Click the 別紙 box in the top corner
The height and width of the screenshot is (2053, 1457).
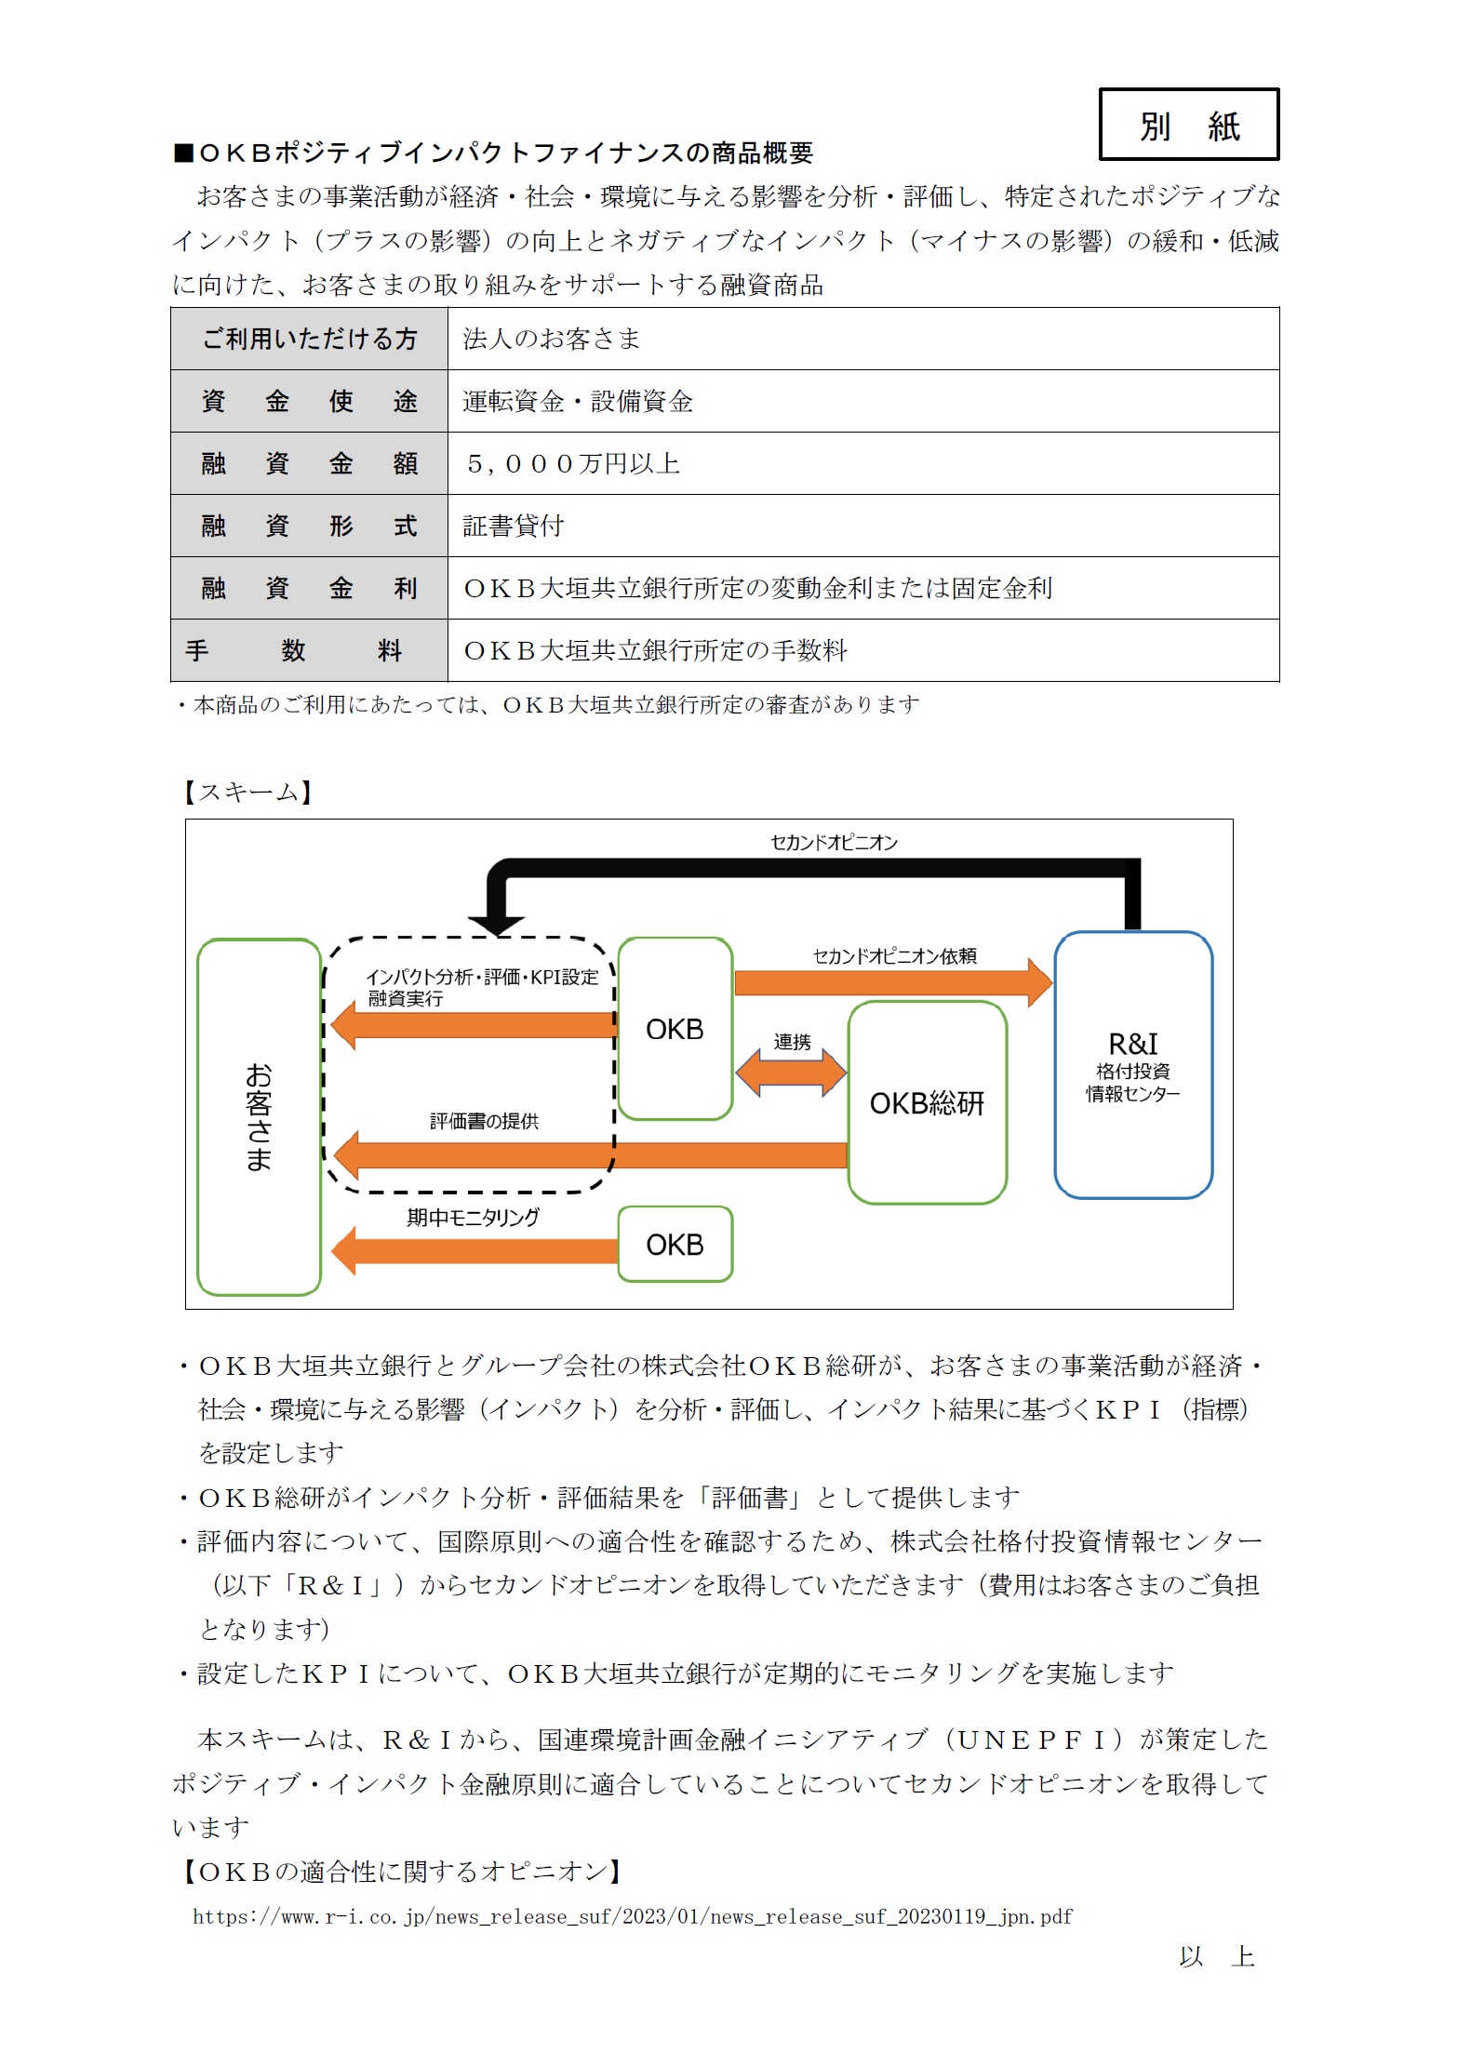click(1188, 125)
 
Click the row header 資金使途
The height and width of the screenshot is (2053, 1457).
click(309, 401)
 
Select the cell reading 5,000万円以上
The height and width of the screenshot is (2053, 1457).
click(573, 463)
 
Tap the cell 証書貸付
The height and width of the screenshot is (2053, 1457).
click(514, 526)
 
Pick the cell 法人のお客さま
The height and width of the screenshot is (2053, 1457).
click(552, 339)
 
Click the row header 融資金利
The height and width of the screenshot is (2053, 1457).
click(309, 588)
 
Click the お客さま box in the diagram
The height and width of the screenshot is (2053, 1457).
click(259, 1116)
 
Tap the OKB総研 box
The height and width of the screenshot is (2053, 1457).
click(927, 1103)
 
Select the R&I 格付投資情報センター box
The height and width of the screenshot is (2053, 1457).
click(1132, 1065)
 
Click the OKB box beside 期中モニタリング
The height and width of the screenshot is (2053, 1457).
click(675, 1245)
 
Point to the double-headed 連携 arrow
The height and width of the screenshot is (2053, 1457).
click(791, 1073)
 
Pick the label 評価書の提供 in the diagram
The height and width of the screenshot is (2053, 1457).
click(484, 1122)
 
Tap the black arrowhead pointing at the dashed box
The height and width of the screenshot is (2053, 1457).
click(497, 924)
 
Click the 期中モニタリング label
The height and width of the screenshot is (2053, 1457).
click(473, 1218)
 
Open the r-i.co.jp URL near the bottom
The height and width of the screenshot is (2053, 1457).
click(632, 1916)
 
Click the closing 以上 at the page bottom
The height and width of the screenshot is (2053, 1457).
click(1216, 1957)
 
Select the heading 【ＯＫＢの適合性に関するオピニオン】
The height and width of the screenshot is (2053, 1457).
click(401, 1872)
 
